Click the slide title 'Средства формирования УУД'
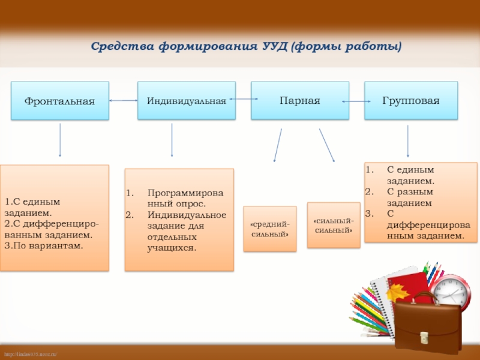(x=246, y=46)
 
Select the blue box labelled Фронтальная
(x=59, y=101)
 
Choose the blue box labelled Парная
(x=299, y=100)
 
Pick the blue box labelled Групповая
(x=411, y=100)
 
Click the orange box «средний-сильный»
(x=269, y=229)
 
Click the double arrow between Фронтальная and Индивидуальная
(x=124, y=101)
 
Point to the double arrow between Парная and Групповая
(x=357, y=102)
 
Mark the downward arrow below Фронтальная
(x=60, y=140)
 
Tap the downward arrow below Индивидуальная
(x=172, y=140)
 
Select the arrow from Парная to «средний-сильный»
(x=278, y=145)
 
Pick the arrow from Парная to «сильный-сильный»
(x=326, y=144)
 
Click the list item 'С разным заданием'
(x=410, y=197)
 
